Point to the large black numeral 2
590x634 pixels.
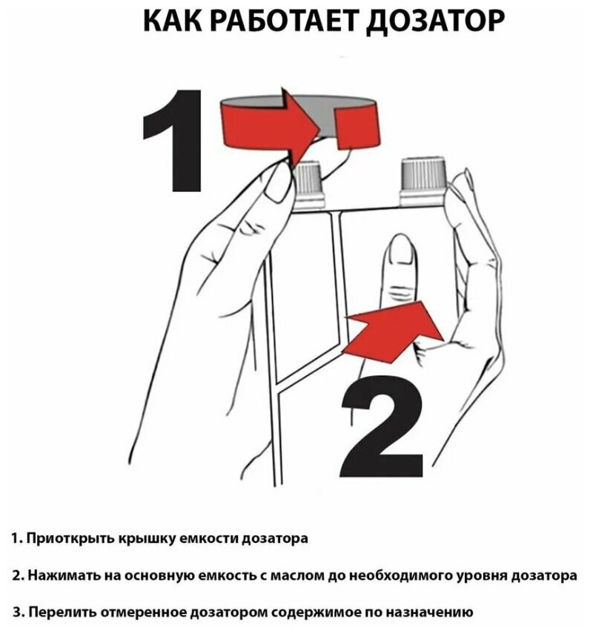[382, 426]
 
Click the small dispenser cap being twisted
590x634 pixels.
[310, 185]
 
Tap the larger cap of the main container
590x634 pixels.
[423, 181]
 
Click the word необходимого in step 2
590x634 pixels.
[400, 575]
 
